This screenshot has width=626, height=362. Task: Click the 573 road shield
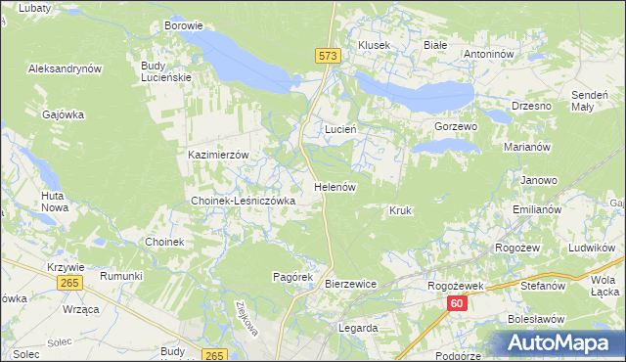pyautogui.click(x=329, y=57)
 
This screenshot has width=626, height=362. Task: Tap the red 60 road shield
pyautogui.click(x=458, y=304)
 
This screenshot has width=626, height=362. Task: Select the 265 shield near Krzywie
pyautogui.click(x=68, y=282)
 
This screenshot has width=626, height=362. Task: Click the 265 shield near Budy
pyautogui.click(x=217, y=354)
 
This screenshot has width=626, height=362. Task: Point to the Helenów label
pyautogui.click(x=334, y=186)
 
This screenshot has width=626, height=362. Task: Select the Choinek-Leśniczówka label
pyautogui.click(x=243, y=200)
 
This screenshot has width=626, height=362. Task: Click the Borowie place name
pyautogui.click(x=184, y=25)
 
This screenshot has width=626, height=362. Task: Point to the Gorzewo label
pyautogui.click(x=455, y=127)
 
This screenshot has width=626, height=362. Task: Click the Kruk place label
pyautogui.click(x=400, y=210)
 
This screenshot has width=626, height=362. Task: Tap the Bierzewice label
pyautogui.click(x=350, y=284)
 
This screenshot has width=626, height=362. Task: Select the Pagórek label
pyautogui.click(x=291, y=277)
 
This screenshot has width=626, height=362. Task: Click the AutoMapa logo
pyautogui.click(x=560, y=342)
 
